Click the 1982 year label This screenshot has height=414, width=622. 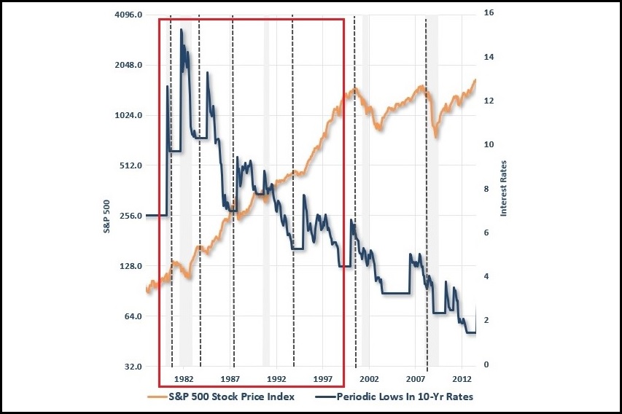click(184, 380)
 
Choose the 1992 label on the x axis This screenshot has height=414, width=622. click(276, 380)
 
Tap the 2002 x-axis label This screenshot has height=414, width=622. click(369, 380)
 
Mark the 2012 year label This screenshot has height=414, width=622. click(462, 380)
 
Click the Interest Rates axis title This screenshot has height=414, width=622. click(503, 188)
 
